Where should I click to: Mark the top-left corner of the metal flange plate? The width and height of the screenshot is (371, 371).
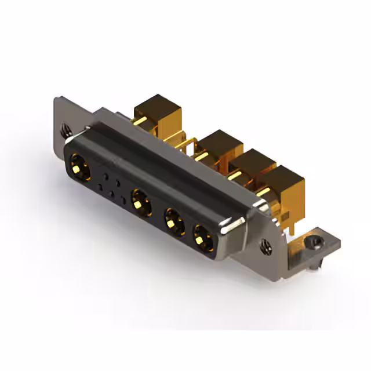pyautogui.click(x=57, y=100)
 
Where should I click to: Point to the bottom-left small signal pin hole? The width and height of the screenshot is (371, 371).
pyautogui.click(x=101, y=187)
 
